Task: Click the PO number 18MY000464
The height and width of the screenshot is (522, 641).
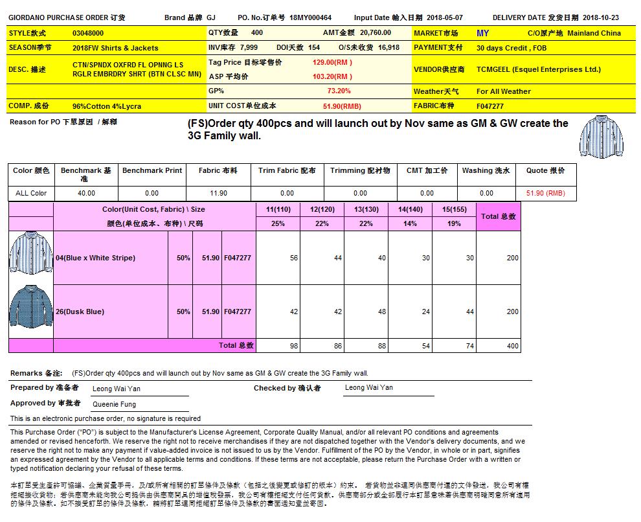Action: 311,17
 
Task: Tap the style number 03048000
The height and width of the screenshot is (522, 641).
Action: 88,33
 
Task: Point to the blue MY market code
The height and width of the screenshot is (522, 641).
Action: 482,33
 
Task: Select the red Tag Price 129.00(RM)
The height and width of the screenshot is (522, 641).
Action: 332,62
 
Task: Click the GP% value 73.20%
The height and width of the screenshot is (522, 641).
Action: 339,91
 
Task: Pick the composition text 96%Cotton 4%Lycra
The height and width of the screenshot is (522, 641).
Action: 107,106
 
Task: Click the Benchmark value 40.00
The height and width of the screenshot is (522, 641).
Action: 86,193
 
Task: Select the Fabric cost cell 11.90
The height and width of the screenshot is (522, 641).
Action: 218,193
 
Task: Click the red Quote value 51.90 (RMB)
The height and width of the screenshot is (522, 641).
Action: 545,193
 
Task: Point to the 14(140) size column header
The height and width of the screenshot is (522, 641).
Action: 410,210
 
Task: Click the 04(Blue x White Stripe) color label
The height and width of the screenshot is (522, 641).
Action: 96,258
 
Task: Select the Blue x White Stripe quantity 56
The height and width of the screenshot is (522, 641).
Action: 294,258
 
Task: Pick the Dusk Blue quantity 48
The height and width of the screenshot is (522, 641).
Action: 381,312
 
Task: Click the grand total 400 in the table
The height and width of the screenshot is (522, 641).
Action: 512,346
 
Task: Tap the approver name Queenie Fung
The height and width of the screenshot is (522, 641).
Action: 115,404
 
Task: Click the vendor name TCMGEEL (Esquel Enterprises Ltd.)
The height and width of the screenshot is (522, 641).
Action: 538,69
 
